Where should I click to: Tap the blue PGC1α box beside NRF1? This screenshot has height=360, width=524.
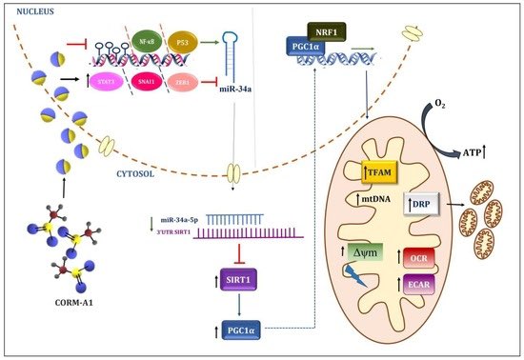click(x=303, y=44)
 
